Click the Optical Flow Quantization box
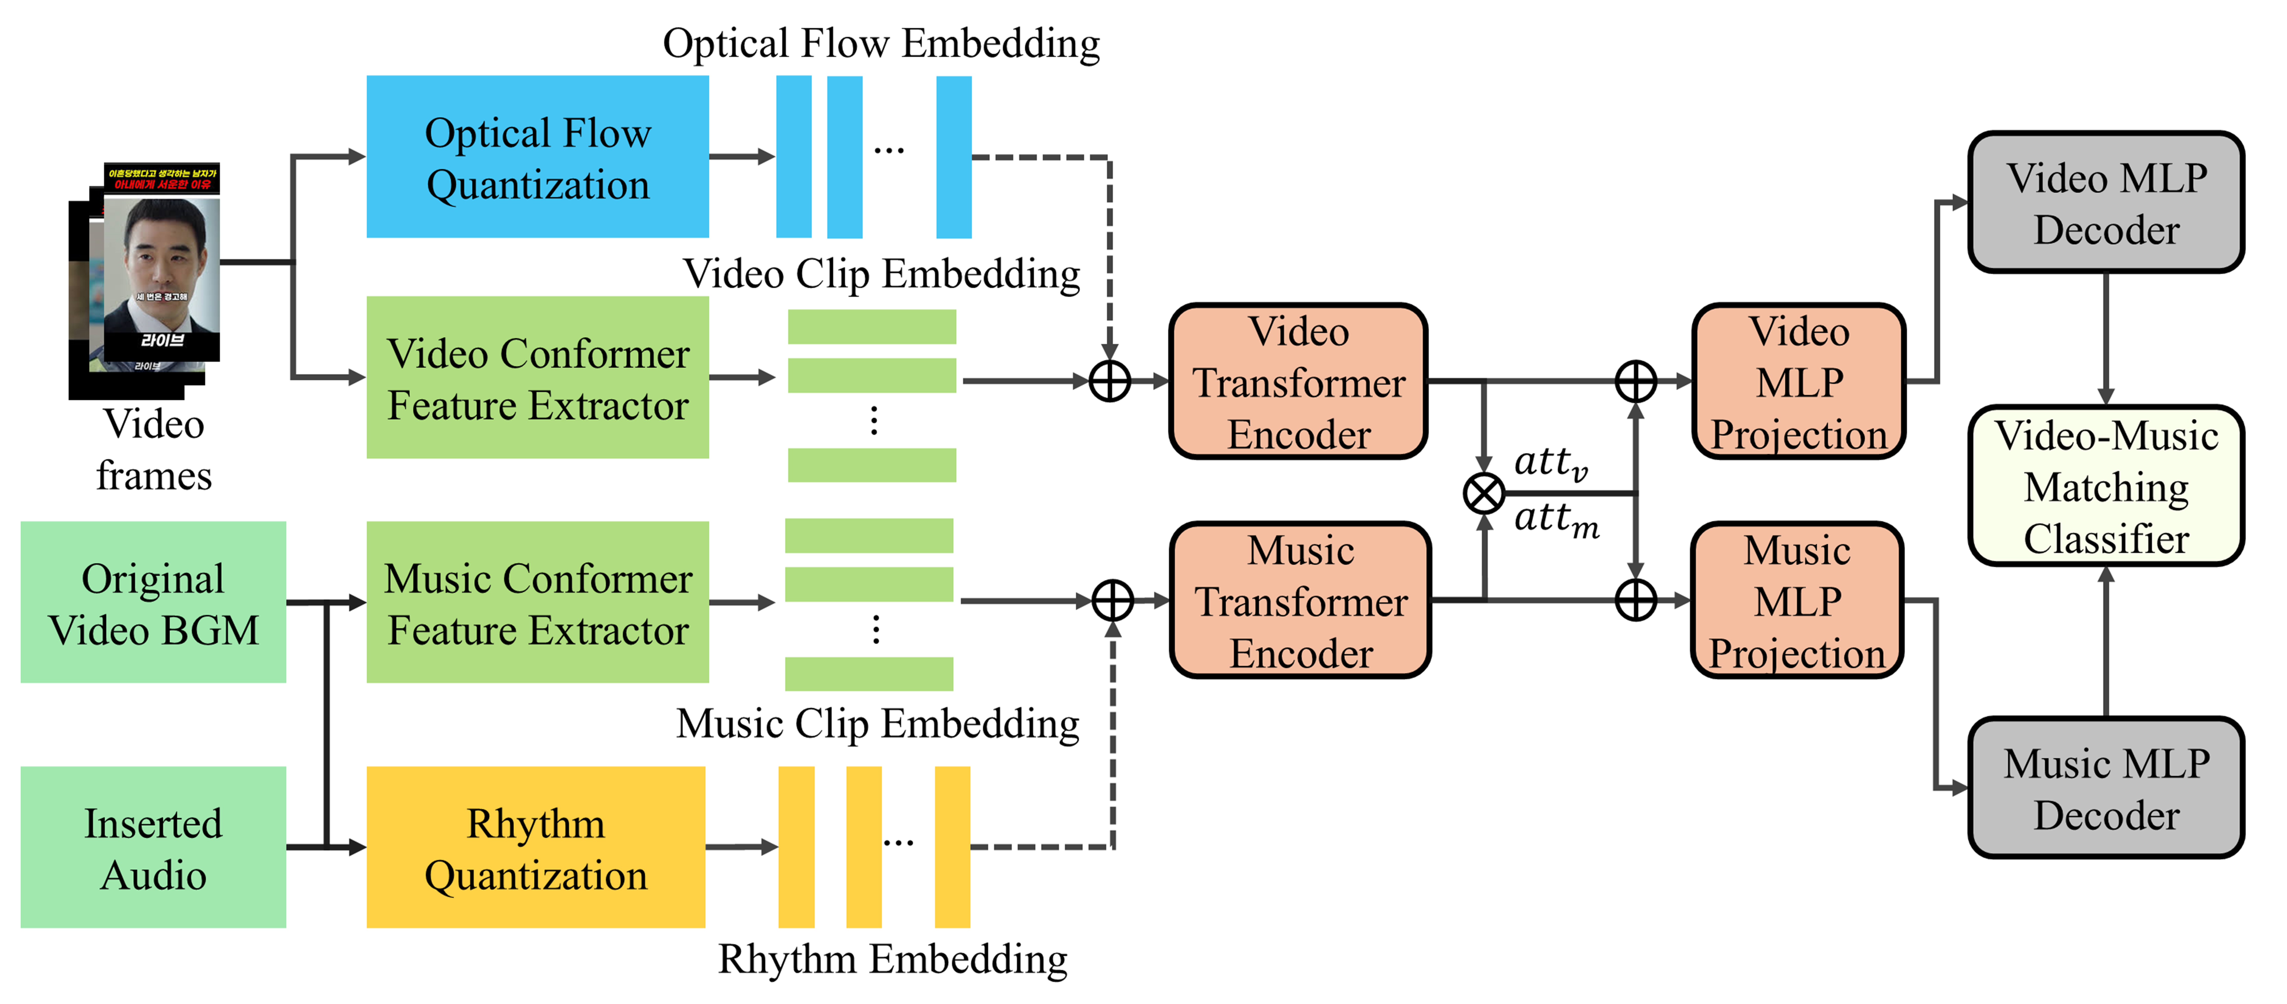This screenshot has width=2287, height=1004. tap(537, 157)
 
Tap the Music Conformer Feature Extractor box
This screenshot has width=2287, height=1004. tap(537, 603)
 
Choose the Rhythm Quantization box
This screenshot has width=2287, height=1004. tap(535, 848)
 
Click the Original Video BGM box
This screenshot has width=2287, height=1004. tap(153, 603)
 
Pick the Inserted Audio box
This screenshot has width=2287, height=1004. tap(153, 848)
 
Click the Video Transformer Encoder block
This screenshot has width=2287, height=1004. tap(1298, 382)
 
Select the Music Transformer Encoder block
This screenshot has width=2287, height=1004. tap(1300, 601)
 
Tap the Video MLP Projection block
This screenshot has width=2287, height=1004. tap(1799, 382)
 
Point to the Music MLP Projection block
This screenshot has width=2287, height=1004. tap(1797, 601)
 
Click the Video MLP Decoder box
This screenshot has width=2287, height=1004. tap(2106, 202)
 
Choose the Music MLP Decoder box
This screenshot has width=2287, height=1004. tap(2106, 788)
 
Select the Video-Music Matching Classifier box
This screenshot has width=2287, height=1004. tap(2106, 486)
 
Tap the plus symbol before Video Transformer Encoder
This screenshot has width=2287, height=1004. tap(1110, 382)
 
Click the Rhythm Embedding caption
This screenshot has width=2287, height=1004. tap(892, 959)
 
